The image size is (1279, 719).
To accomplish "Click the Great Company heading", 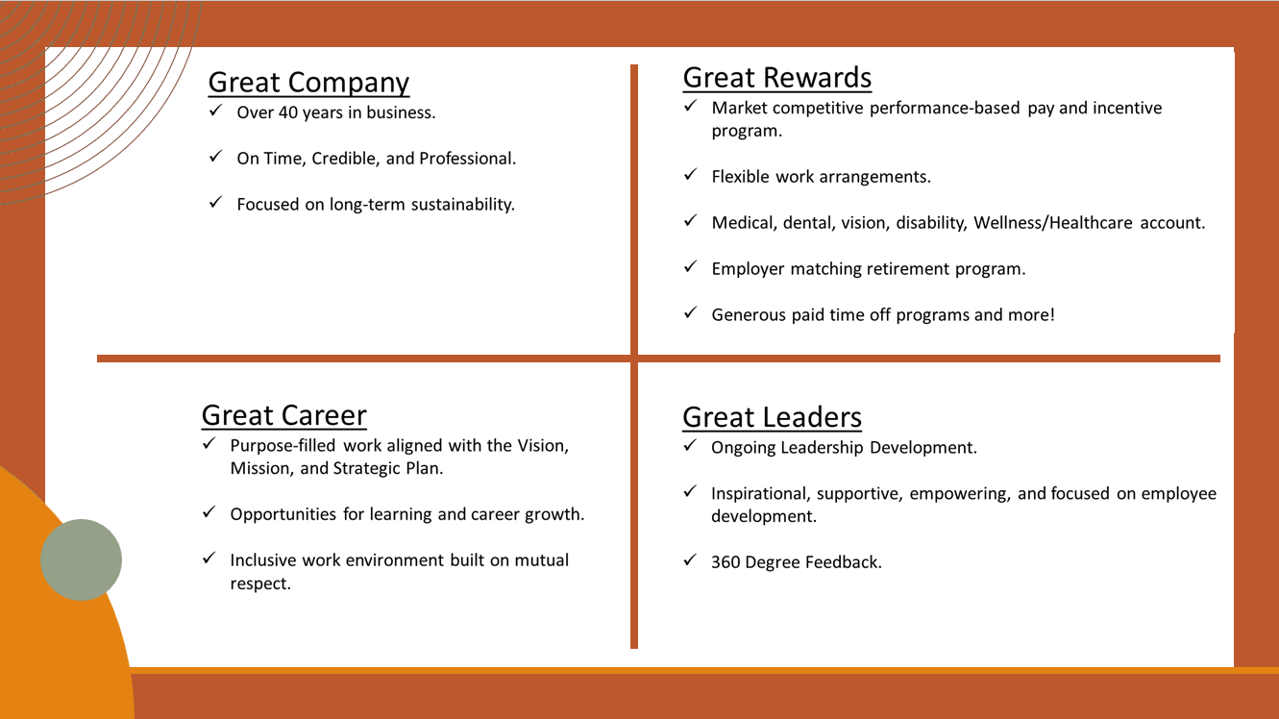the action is click(x=308, y=83).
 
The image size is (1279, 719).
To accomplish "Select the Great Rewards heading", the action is click(x=777, y=78).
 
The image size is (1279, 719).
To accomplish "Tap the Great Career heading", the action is click(x=283, y=415).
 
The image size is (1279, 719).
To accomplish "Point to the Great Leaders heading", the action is click(x=772, y=417).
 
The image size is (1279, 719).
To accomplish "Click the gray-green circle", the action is click(x=81, y=559).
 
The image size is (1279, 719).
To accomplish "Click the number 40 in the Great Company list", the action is click(x=288, y=112).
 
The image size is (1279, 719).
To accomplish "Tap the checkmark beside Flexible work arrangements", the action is click(x=690, y=174).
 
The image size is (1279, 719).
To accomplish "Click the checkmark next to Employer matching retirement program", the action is click(x=690, y=266).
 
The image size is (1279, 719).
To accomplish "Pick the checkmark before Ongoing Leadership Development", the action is click(x=690, y=445).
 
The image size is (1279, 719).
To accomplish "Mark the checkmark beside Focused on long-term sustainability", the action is click(x=215, y=202).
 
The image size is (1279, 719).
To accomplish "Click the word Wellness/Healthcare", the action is click(x=1053, y=223).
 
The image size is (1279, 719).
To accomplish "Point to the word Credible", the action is click(x=345, y=159).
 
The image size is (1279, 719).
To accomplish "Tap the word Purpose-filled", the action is click(x=283, y=446).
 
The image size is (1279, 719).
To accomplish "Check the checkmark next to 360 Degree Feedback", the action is click(x=690, y=559).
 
